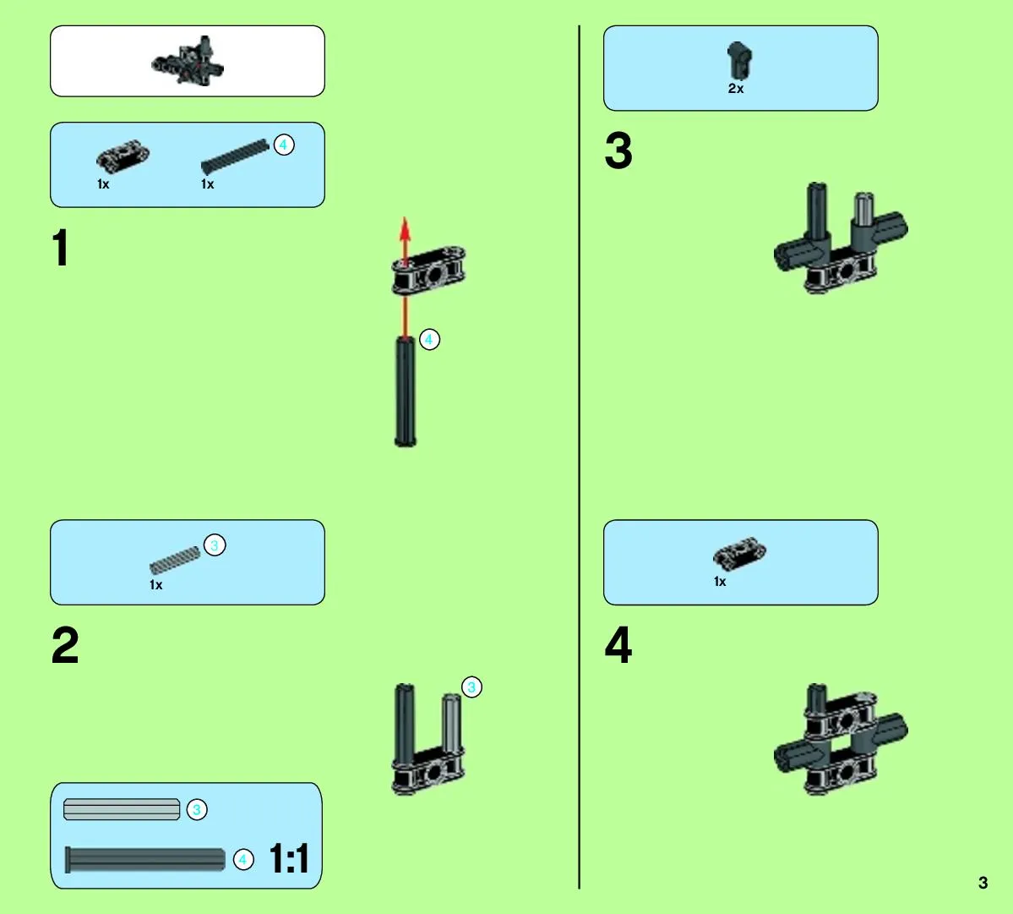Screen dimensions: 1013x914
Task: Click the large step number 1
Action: [x=61, y=248]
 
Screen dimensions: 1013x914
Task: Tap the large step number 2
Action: [x=64, y=644]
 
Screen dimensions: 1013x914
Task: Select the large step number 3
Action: [x=618, y=151]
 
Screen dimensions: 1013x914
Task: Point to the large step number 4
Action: [x=618, y=644]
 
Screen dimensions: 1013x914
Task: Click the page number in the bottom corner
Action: [x=983, y=883]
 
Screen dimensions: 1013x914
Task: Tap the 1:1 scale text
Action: [x=289, y=858]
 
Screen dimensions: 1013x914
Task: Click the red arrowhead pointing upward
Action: [x=405, y=229]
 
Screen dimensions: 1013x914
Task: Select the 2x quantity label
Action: [x=736, y=89]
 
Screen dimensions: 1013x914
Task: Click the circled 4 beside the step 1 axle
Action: [x=430, y=339]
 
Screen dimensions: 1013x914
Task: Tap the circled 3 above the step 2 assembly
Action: [x=471, y=687]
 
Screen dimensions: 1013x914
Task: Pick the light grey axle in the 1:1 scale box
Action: [x=122, y=809]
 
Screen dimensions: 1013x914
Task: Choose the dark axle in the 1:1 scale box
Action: [x=145, y=860]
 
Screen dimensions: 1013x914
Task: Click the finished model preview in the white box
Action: [x=188, y=62]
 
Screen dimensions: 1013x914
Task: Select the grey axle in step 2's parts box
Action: [x=175, y=561]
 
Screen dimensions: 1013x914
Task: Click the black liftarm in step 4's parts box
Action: [x=740, y=554]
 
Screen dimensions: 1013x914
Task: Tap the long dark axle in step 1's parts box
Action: [x=235, y=156]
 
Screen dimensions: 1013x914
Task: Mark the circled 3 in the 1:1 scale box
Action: [x=197, y=809]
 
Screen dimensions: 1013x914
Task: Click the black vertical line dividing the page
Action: [x=580, y=457]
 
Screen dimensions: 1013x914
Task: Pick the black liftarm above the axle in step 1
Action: [x=428, y=271]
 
